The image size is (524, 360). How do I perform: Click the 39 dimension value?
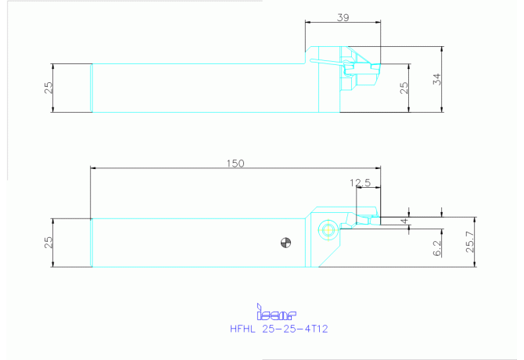coord(343,17)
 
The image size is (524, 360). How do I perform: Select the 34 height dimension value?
coord(436,79)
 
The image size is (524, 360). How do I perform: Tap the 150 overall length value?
coord(235,163)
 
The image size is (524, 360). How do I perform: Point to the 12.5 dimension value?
coord(361,182)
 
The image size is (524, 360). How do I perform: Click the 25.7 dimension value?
coord(470,242)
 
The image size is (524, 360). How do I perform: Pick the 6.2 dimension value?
coord(437,248)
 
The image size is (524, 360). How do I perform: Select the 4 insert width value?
coord(404,221)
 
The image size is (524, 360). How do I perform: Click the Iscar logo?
coord(276,311)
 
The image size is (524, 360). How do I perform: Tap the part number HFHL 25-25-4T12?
coord(279,329)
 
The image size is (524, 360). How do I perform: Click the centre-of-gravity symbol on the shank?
coord(285,243)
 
